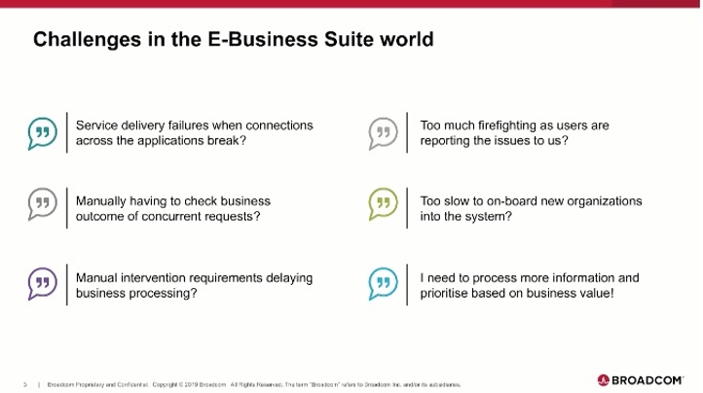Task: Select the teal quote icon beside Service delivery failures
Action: click(42, 132)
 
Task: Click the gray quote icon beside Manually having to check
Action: click(42, 204)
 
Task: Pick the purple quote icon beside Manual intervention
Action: click(42, 282)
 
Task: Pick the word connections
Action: click(278, 125)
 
